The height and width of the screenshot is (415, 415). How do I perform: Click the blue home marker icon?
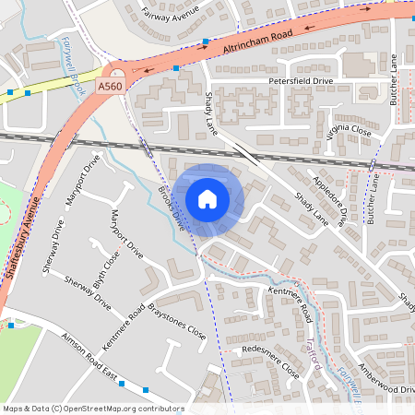207,199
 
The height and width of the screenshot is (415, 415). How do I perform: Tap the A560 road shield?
110,87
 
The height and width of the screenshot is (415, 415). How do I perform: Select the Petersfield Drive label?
299,81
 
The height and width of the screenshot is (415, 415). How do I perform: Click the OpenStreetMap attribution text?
92,409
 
